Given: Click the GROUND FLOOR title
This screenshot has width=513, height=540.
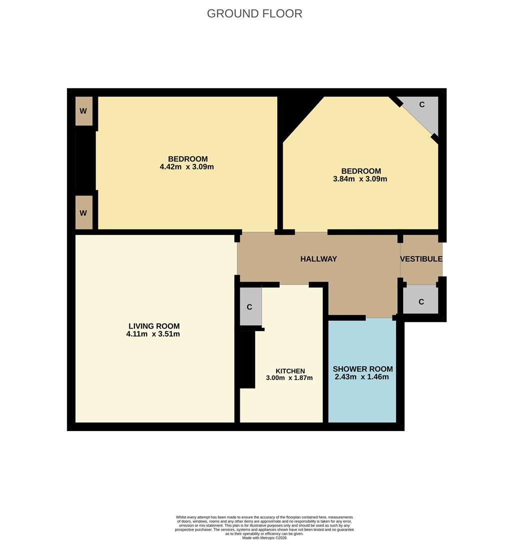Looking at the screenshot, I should (x=254, y=13).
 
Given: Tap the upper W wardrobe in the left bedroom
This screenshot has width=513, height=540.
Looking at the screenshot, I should (x=83, y=110).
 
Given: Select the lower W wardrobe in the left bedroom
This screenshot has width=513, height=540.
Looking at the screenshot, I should (x=83, y=212).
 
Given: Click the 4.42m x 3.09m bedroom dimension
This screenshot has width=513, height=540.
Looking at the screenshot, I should (x=187, y=167).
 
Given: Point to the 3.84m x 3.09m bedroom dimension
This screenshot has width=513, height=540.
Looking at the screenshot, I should (x=360, y=179).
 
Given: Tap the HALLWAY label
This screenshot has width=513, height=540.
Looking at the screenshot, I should (x=318, y=259).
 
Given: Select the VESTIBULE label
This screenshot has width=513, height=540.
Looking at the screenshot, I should (x=421, y=259).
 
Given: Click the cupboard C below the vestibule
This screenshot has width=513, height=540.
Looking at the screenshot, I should (x=421, y=301).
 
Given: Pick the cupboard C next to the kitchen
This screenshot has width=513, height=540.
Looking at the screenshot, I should (x=250, y=306).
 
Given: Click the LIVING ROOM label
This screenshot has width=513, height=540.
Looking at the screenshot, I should (x=154, y=326).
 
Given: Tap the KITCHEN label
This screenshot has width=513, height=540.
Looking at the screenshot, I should (x=290, y=371).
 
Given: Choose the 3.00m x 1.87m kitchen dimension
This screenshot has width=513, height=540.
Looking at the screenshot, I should (x=289, y=378).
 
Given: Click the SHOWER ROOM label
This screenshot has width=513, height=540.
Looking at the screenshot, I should (x=363, y=369).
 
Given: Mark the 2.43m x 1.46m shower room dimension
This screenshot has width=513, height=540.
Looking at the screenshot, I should (x=362, y=377).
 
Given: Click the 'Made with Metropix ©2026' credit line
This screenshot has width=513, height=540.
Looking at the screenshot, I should (x=264, y=537).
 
